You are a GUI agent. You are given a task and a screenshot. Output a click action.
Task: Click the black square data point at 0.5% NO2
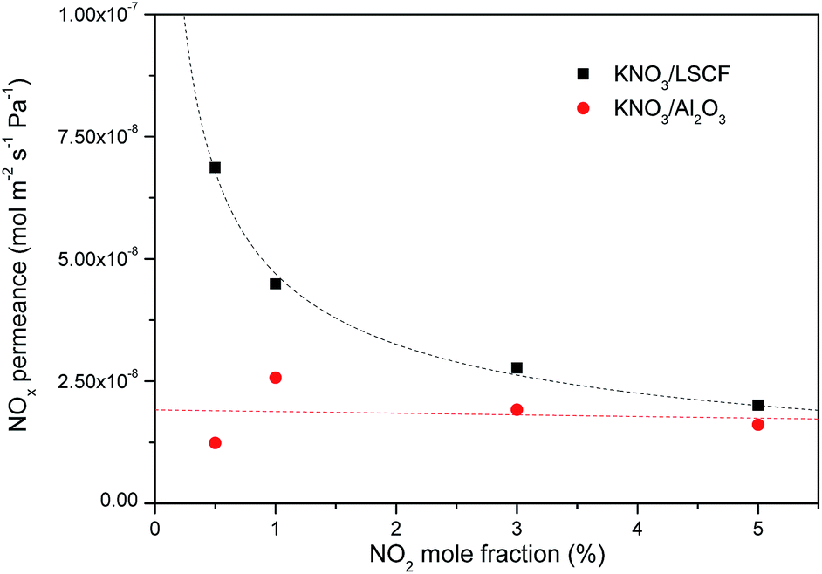pos(215,167)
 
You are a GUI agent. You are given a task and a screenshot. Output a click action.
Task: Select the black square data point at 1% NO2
pos(276,284)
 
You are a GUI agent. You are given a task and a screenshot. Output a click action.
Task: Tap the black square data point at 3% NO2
pos(517,368)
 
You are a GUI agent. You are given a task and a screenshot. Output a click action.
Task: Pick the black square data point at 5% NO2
pos(757,405)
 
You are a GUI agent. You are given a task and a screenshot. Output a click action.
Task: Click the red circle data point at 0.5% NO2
pos(215,443)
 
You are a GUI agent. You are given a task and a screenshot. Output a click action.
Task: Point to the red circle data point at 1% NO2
pos(276,378)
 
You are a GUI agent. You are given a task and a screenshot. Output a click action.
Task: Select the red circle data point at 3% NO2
pos(517,410)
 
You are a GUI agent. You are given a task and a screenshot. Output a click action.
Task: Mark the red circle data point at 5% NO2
pos(757,425)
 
